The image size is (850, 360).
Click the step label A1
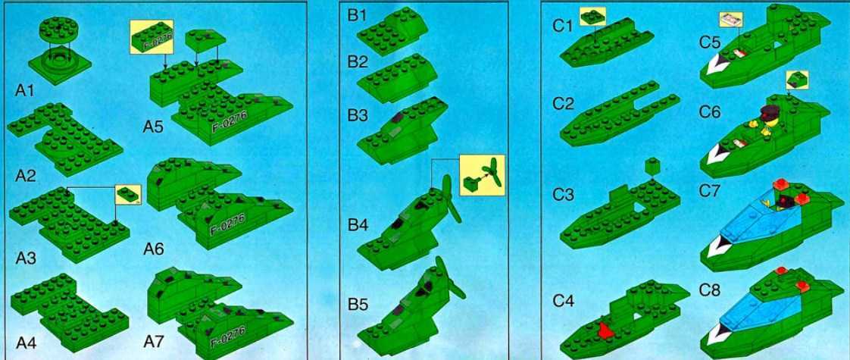24,90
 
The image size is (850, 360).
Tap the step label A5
154,127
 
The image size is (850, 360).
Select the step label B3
358,116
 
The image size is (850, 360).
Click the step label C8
710,290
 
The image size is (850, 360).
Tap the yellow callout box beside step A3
129,194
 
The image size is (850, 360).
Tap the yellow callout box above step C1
592,17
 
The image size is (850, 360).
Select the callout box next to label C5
731,20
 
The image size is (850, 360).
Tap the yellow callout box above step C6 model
796,80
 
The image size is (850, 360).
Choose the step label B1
358,16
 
